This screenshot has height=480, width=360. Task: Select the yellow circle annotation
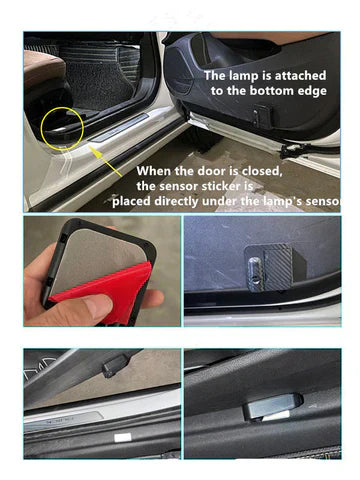[62, 128]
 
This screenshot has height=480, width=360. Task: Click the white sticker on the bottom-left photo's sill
[123, 438]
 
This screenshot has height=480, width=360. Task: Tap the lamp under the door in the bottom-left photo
[114, 366]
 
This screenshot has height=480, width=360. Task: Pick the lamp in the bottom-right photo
[273, 406]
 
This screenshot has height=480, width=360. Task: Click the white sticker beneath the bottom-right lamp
[276, 416]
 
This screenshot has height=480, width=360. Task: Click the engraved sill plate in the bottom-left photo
[63, 421]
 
